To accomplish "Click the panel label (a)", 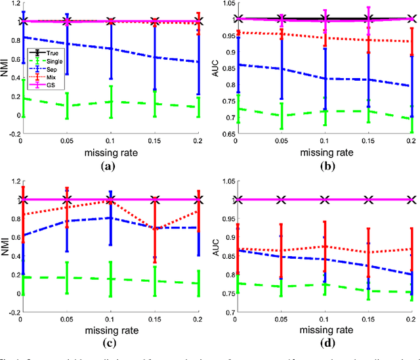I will coord(110,166).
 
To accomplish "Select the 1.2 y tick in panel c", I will coord(14,179).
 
